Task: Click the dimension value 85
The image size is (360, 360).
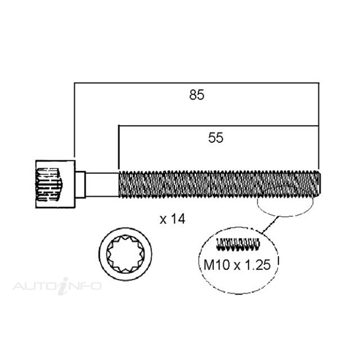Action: (197, 95)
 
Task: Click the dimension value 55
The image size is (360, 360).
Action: (216, 138)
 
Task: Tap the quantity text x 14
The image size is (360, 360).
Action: (172, 220)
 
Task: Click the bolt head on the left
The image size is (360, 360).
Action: (55, 184)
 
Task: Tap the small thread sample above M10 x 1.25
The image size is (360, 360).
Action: (237, 244)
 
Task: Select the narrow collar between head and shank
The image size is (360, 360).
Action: (80, 184)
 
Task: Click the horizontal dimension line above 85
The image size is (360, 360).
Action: (197, 82)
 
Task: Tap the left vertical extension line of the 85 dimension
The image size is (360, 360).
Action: (74, 120)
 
